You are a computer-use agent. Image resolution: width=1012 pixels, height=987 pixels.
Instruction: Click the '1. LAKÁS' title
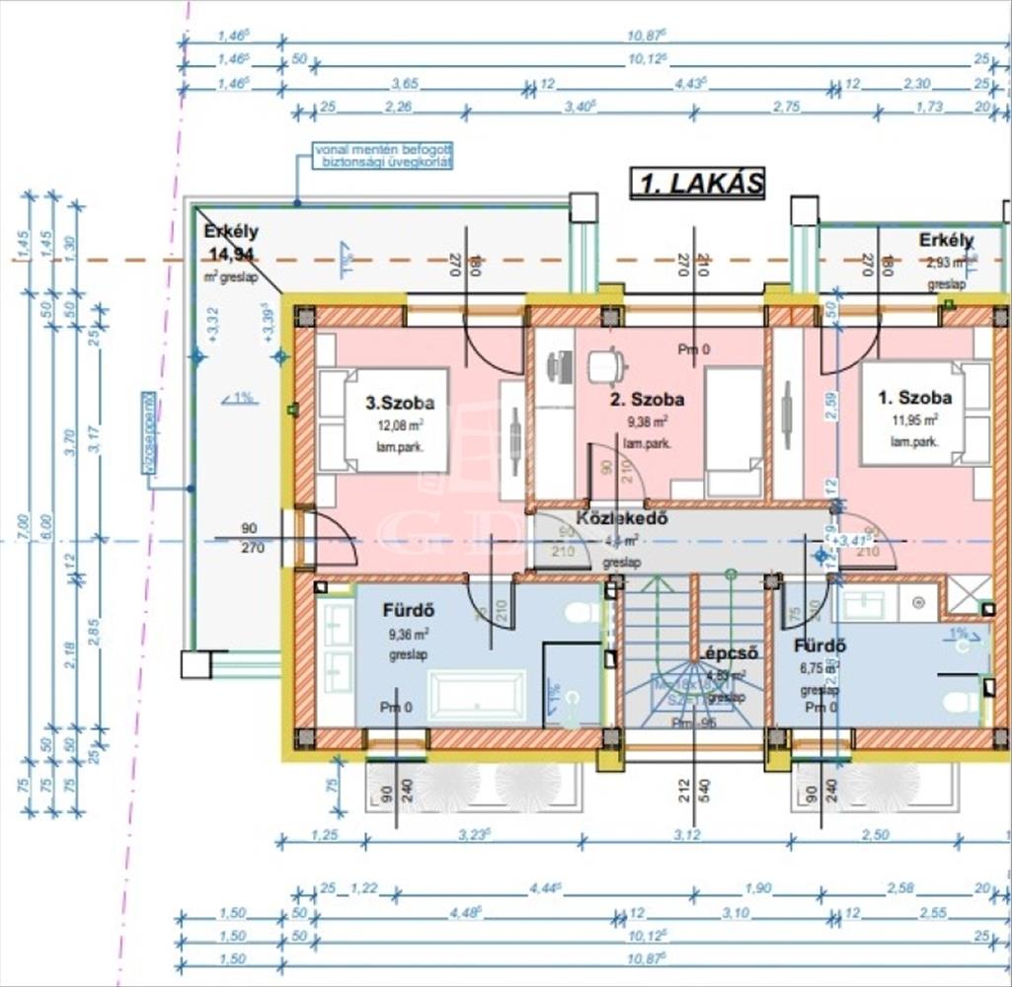click(x=697, y=184)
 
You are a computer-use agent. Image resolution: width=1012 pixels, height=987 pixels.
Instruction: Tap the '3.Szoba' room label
click(x=400, y=403)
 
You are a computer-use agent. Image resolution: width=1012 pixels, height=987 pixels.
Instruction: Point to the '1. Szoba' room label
click(x=915, y=398)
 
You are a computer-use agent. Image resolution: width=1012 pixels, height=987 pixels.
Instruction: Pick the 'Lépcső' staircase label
click(x=729, y=652)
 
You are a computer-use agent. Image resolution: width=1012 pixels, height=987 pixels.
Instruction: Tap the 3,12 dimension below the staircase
click(x=687, y=835)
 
